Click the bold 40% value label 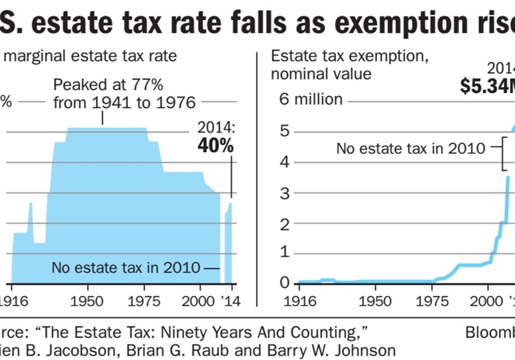coord(215,146)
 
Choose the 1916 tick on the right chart coord(299,301)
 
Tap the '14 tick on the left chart coord(231,301)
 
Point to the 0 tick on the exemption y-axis coord(284,283)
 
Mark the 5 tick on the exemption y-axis coord(284,132)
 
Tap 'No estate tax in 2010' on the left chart coord(126,267)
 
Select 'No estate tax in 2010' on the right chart coord(411,148)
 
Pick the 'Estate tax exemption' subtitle coord(349,57)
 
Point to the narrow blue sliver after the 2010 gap coord(229,244)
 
